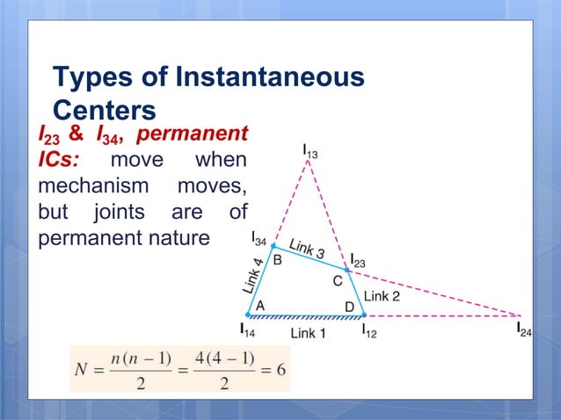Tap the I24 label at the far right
pos(524,331)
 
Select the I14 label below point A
pos(249,331)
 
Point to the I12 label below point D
pos(369,331)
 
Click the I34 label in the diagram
pos(259,239)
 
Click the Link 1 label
pos(308,333)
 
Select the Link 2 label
pos(382,296)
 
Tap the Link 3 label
pos(307,250)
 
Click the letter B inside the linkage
pos(277,260)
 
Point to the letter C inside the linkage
pos(336,281)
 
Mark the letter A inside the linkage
pos(260,304)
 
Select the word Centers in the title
pos(104,111)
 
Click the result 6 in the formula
pos(280,369)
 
